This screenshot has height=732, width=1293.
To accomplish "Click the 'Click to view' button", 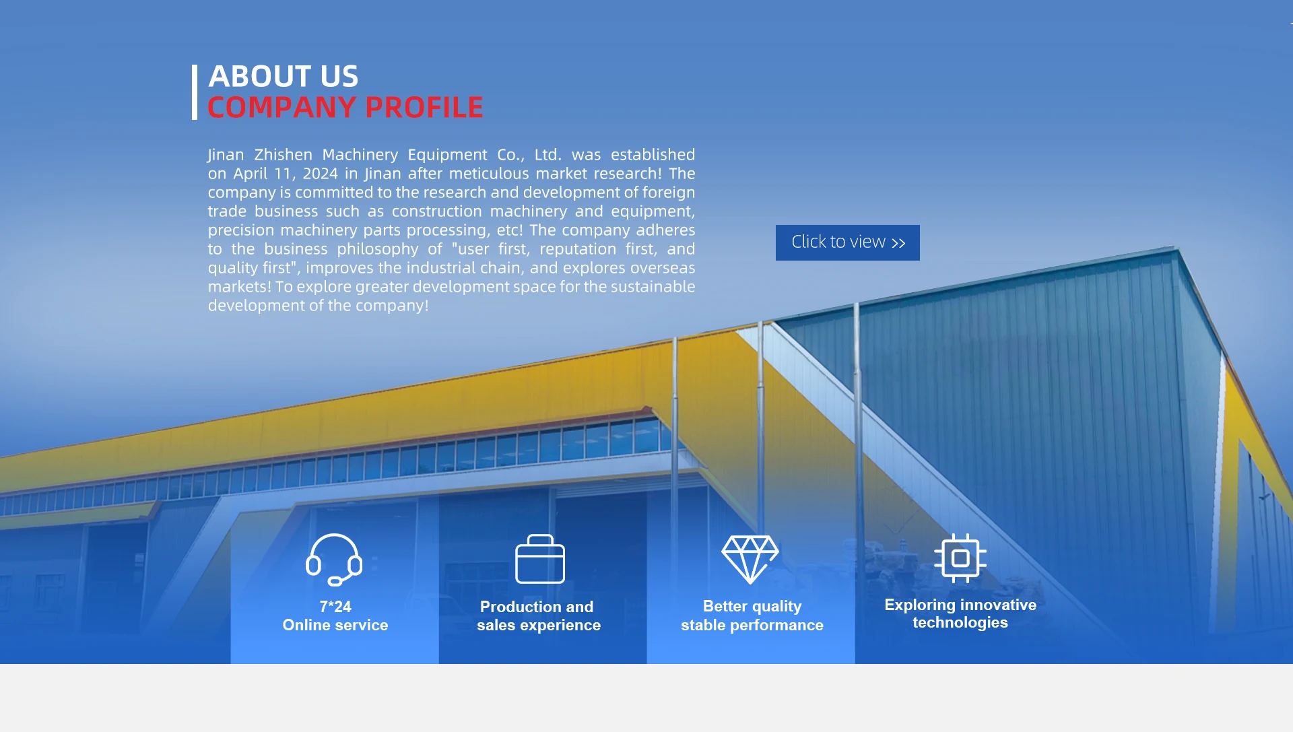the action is click(847, 242).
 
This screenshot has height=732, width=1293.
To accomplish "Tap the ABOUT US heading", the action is click(284, 76).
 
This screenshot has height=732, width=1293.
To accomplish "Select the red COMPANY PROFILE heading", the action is click(345, 107).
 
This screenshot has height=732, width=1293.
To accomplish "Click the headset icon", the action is click(334, 559).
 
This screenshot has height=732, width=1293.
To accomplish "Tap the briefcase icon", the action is click(540, 559).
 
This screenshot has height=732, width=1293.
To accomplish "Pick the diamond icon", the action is click(750, 559).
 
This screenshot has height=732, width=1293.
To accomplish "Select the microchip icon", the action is click(960, 558).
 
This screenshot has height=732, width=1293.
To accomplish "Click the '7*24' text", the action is click(335, 607).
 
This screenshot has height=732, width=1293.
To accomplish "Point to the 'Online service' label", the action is click(335, 625).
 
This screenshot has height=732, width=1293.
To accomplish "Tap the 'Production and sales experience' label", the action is click(539, 616).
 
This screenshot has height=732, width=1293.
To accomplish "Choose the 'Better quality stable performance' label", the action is click(752, 616).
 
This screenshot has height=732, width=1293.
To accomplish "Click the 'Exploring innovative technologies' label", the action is click(960, 613).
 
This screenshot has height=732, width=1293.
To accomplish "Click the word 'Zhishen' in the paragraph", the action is click(284, 155).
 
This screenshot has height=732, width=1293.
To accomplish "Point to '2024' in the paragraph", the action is click(320, 174).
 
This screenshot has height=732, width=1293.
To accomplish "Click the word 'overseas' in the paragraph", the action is click(663, 268).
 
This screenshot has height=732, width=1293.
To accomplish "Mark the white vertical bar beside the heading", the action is click(195, 92).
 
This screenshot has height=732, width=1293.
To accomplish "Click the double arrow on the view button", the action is click(898, 243).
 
